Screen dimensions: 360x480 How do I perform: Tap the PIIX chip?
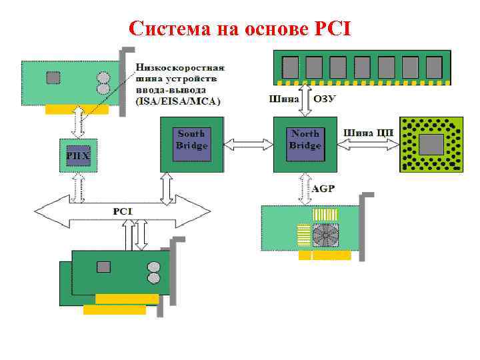point(79,155)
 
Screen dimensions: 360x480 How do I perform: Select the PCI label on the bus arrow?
point(123,211)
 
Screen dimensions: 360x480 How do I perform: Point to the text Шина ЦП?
point(369,132)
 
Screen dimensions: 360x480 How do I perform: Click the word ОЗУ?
point(325,99)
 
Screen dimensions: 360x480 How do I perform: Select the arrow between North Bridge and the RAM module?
point(305,99)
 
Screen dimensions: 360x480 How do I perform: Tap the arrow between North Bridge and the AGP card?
point(305,188)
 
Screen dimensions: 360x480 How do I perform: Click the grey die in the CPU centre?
point(431,145)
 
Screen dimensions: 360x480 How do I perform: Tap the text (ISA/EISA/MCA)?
point(179,101)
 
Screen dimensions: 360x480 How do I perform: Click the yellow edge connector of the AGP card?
point(325,255)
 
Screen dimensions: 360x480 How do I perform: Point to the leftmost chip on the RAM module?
point(291,67)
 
